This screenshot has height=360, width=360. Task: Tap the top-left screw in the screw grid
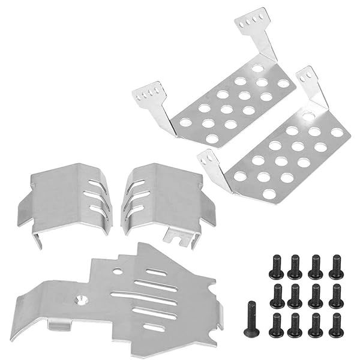point(275,266)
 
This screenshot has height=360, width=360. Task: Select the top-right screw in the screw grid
point(336,266)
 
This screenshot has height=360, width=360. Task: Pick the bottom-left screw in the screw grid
point(275,325)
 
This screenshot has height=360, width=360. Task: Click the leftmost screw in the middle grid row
point(275,295)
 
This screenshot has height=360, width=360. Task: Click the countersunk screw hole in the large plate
point(80,298)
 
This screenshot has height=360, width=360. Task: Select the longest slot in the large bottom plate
point(144,295)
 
